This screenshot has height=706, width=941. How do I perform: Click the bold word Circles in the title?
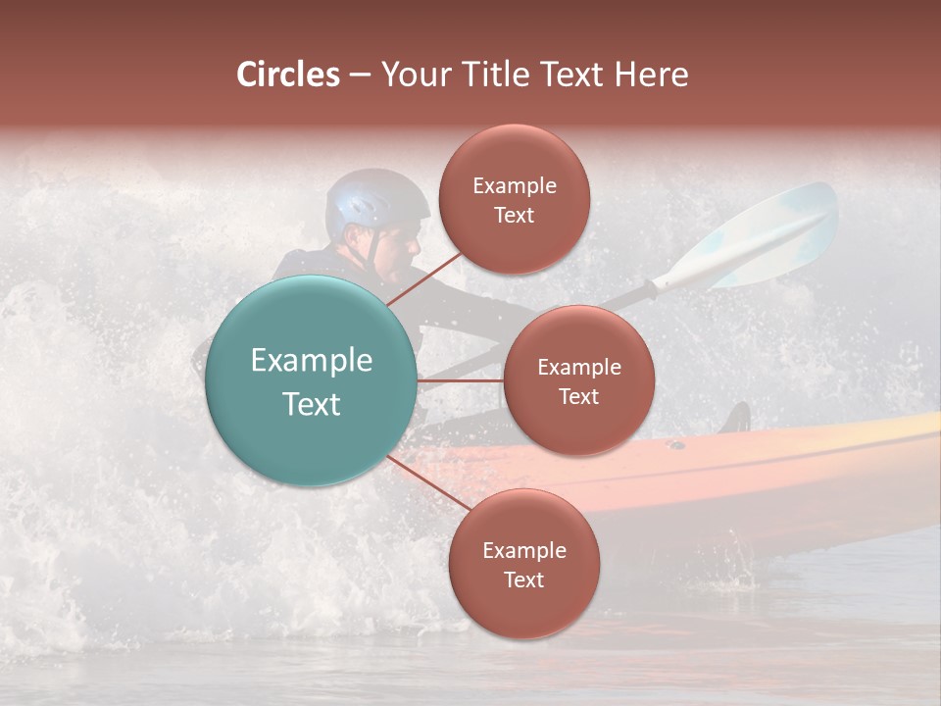287,75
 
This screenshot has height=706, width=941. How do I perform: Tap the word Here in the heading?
652,75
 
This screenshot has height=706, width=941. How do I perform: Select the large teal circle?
311,380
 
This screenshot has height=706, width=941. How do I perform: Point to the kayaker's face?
398,251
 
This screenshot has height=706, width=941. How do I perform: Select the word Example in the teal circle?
311,361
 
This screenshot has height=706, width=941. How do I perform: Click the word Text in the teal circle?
311,403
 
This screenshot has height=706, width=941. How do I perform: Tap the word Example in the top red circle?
514,186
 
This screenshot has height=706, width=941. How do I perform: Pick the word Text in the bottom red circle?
523,580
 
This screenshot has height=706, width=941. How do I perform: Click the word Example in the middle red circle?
578,368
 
